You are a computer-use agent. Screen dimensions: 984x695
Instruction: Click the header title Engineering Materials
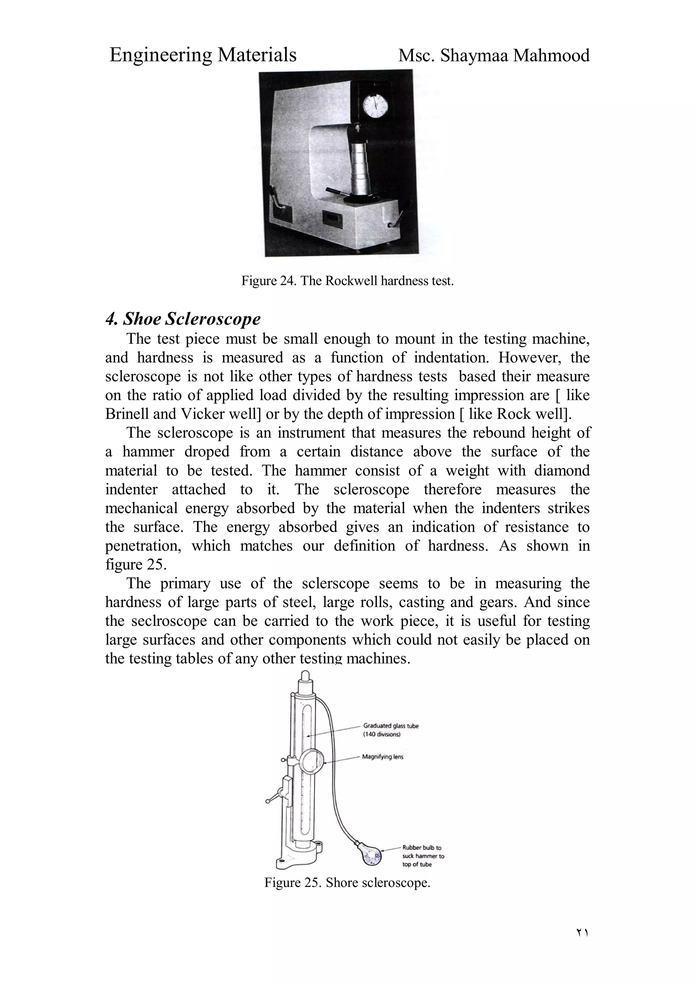(x=203, y=55)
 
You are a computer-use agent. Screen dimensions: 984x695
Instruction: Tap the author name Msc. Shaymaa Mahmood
(x=494, y=56)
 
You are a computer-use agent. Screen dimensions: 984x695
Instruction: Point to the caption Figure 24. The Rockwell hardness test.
(x=347, y=281)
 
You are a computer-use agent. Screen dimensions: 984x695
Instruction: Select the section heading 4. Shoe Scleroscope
(x=183, y=319)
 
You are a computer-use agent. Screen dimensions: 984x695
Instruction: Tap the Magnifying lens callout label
(x=382, y=757)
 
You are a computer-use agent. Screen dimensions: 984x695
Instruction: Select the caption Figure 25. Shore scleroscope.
(x=347, y=883)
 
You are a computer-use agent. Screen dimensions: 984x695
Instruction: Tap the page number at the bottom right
(x=582, y=944)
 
